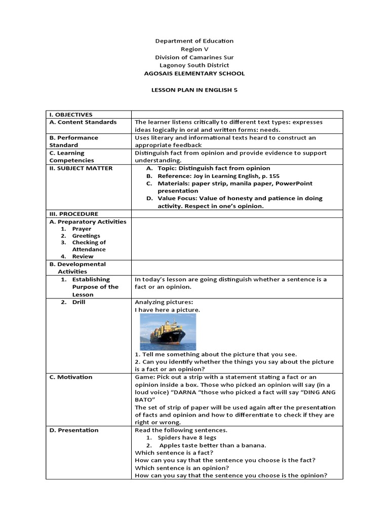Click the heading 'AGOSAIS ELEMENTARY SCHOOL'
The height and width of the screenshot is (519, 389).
click(194, 73)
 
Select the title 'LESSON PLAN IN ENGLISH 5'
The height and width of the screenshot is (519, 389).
click(194, 89)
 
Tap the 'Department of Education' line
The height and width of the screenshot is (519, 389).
click(194, 41)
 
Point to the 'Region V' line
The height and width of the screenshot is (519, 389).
click(194, 49)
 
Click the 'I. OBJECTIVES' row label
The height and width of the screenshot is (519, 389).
click(71, 115)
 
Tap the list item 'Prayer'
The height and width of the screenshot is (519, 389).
click(82, 229)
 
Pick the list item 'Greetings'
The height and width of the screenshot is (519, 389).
click(86, 236)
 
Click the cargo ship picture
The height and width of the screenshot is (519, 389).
click(168, 331)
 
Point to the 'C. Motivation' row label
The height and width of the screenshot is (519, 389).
click(71, 377)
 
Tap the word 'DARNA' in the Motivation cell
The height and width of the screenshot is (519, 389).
click(205, 392)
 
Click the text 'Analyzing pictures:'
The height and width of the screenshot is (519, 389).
click(164, 302)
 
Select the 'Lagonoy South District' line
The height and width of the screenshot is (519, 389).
click(194, 65)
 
